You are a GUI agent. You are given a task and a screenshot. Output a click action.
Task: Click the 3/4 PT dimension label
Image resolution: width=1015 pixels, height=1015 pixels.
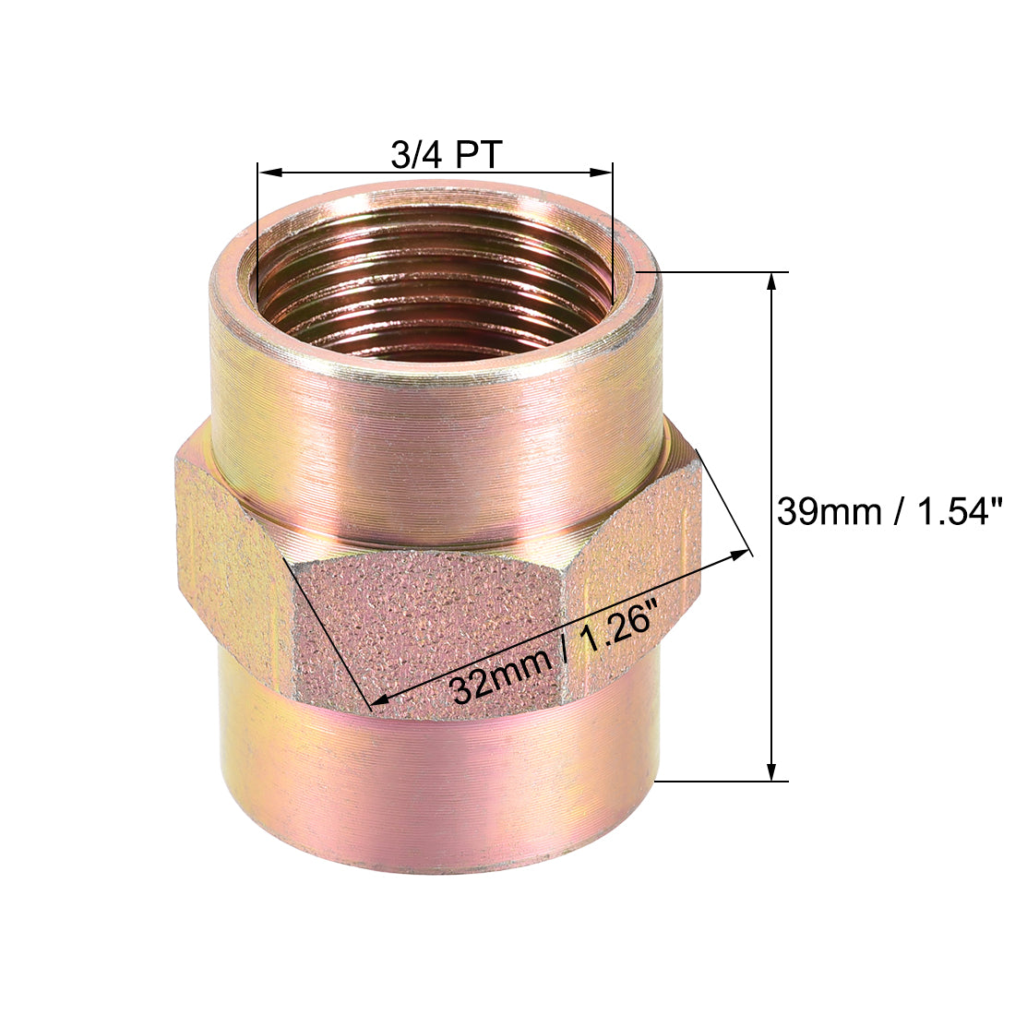446,155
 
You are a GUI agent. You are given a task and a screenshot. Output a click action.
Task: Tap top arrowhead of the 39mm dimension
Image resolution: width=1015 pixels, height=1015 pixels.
771,282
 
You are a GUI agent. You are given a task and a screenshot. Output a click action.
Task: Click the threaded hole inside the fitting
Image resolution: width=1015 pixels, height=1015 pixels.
434,295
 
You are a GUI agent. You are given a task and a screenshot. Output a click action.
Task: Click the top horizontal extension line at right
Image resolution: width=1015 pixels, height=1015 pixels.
720,272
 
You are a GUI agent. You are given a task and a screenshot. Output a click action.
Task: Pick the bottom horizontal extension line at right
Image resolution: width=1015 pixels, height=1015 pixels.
720,782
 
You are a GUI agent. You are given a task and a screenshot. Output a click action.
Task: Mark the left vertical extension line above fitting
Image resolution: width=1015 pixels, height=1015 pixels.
257,212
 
